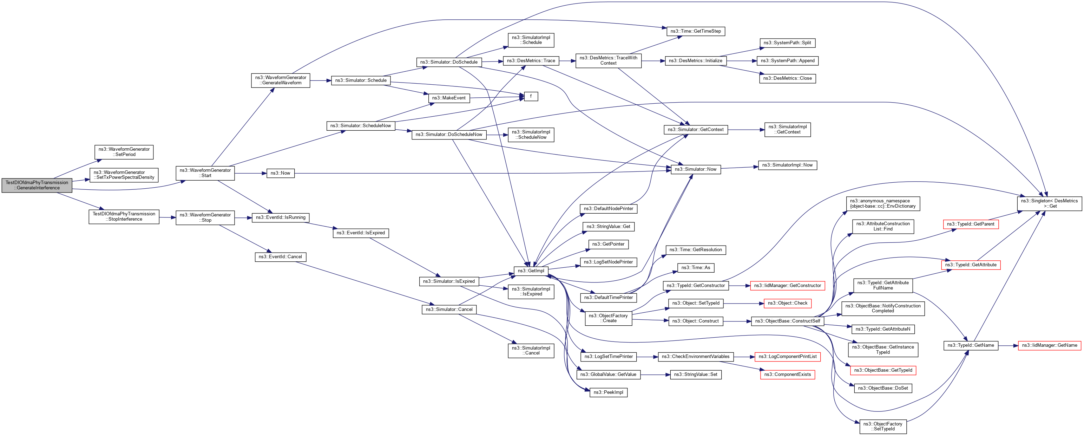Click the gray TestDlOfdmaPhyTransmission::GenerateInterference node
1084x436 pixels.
click(x=37, y=185)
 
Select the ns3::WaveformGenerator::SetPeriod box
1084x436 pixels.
click(x=124, y=152)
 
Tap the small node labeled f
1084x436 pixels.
click(x=531, y=96)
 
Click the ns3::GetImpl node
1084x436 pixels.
click(x=531, y=271)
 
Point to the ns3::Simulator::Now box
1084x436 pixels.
click(x=695, y=169)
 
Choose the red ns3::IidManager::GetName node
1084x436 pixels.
click(x=1050, y=345)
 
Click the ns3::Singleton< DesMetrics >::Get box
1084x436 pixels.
click(x=1050, y=204)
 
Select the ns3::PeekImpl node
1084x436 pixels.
click(x=608, y=392)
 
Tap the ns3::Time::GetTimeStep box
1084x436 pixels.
click(x=696, y=31)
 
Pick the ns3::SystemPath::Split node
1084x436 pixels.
click(x=787, y=43)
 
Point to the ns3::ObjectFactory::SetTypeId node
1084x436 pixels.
click(x=882, y=426)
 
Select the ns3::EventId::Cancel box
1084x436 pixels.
click(x=280, y=257)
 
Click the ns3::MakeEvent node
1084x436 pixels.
click(x=448, y=98)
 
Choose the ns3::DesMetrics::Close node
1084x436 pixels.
click(x=787, y=78)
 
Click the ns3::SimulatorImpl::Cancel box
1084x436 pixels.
click(x=531, y=351)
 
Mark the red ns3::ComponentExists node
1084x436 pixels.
click(x=787, y=375)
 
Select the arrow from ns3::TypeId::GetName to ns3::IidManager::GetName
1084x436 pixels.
click(x=1008, y=345)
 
